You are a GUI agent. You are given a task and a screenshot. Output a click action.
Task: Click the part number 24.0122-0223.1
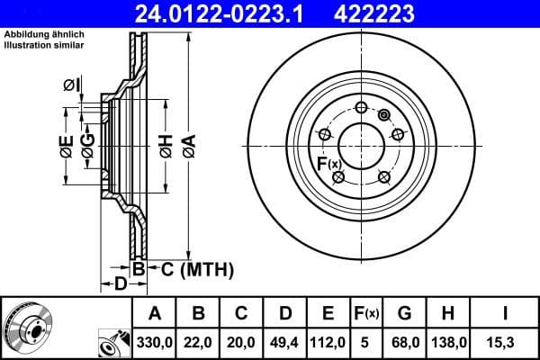pos(205,13)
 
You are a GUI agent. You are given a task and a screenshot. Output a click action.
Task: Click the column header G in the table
pos(404,313)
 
